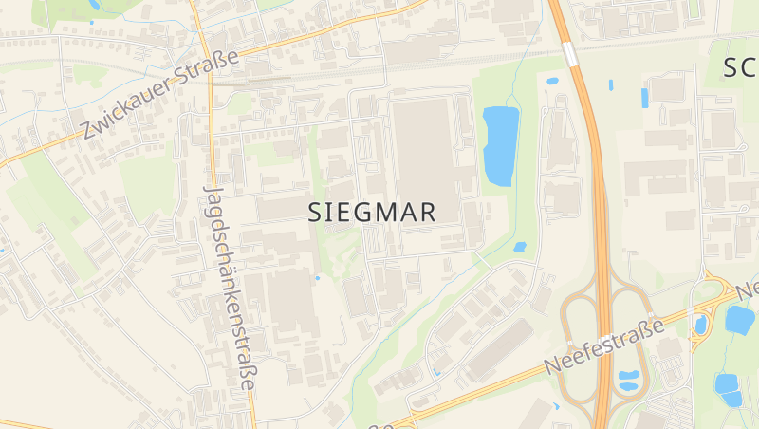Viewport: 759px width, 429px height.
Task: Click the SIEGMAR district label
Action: coord(373,213)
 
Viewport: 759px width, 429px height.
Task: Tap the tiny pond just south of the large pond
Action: coord(519,247)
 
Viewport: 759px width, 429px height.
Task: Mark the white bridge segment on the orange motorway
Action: coord(570,54)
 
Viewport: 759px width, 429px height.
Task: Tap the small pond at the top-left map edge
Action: coord(93,5)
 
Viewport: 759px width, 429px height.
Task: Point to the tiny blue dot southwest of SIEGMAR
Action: coord(317,278)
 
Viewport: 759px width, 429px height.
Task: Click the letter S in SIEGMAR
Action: coord(316,213)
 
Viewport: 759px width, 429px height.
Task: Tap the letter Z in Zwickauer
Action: coord(88,132)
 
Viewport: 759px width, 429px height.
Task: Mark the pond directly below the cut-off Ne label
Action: coord(739,319)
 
